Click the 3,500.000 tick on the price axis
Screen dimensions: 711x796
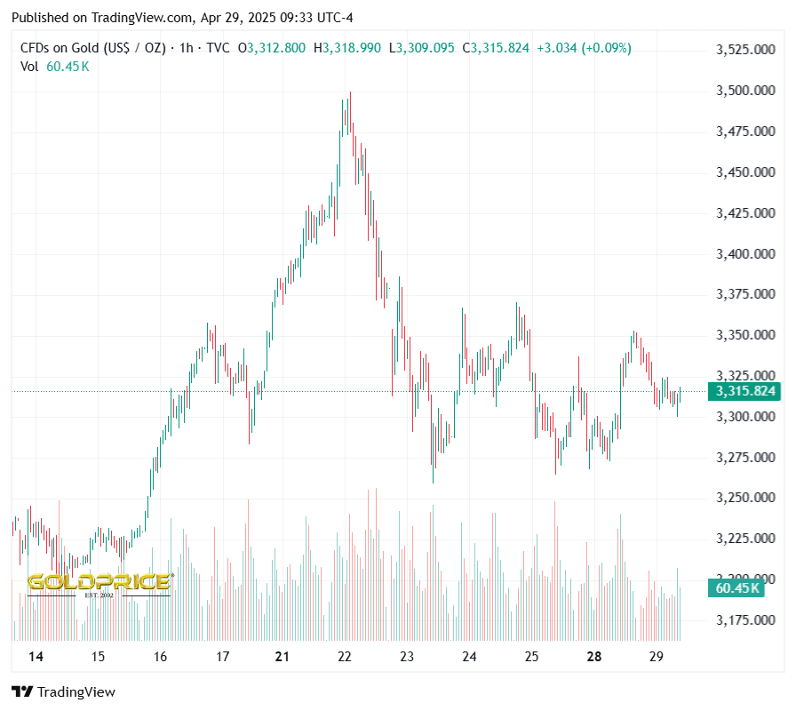pyautogui.click(x=745, y=91)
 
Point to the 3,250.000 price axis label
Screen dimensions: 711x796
pyautogui.click(x=745, y=498)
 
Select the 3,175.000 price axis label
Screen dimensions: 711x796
pyautogui.click(x=745, y=619)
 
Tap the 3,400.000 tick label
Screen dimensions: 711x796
pyautogui.click(x=745, y=254)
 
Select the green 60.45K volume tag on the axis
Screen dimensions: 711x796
pyautogui.click(x=736, y=587)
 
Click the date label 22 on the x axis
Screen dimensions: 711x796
pyautogui.click(x=345, y=657)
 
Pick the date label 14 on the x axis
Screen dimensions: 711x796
pyautogui.click(x=36, y=657)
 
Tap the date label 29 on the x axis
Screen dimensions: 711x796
pyautogui.click(x=657, y=657)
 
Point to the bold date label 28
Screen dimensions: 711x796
pyautogui.click(x=594, y=657)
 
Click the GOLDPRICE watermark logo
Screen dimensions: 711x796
pyautogui.click(x=99, y=583)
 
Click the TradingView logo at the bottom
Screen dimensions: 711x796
pyautogui.click(x=63, y=691)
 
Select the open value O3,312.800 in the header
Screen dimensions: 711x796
pyautogui.click(x=276, y=48)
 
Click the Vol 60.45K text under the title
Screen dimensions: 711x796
pyautogui.click(x=54, y=66)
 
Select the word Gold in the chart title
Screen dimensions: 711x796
pyautogui.click(x=86, y=48)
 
